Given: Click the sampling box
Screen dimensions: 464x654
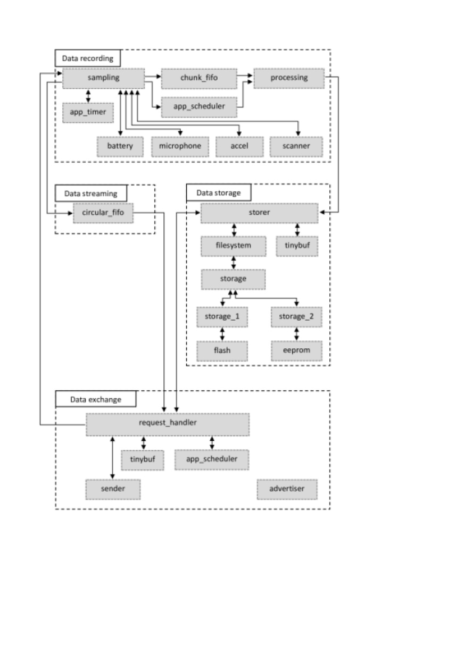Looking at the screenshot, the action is [103, 79].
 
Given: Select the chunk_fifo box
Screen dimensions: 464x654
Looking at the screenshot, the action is [199, 79].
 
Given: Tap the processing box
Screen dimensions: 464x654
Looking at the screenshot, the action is [289, 79].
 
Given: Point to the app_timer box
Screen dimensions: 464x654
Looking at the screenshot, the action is [88, 113].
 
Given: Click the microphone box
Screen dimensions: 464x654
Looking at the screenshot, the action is [180, 147].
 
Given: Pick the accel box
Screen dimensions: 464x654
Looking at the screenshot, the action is [239, 147].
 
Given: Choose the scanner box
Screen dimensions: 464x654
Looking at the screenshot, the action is [296, 147].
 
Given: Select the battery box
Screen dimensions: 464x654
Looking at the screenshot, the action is [120, 147].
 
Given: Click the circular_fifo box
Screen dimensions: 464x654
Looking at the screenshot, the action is [103, 213].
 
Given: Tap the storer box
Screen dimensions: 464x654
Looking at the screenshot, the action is [260, 213].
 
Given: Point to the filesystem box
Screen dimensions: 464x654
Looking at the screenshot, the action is [234, 246].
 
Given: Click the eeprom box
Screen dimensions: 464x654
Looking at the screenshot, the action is [296, 351].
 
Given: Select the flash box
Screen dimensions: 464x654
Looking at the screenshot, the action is [222, 351].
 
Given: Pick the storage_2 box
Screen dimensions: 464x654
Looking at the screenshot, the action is [296, 317].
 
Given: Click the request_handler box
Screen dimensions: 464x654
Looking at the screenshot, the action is [168, 424].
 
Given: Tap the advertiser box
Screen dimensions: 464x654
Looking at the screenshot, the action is [287, 489].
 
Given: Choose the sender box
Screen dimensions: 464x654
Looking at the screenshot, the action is [113, 489].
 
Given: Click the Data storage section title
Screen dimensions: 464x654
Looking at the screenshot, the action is [219, 192].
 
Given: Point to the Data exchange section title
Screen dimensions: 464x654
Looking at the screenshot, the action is [96, 399].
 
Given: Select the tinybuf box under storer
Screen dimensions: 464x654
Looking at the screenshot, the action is [297, 246].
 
